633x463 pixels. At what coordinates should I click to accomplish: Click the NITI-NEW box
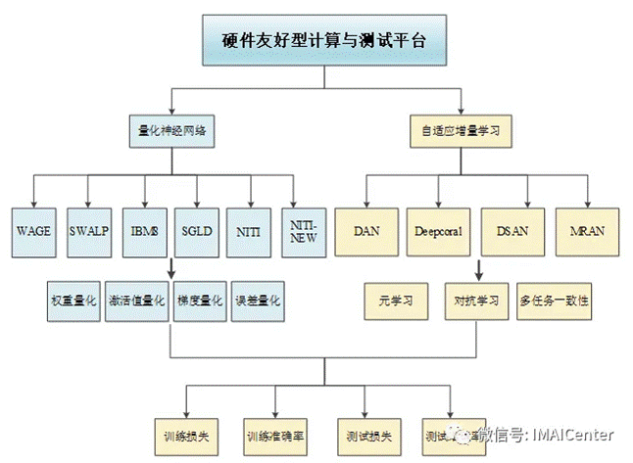[304, 232]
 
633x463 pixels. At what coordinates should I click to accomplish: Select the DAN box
[367, 232]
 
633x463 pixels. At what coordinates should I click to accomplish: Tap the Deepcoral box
[437, 232]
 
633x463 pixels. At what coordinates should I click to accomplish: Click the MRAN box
[587, 232]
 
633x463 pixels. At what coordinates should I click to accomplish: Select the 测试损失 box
[369, 433]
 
